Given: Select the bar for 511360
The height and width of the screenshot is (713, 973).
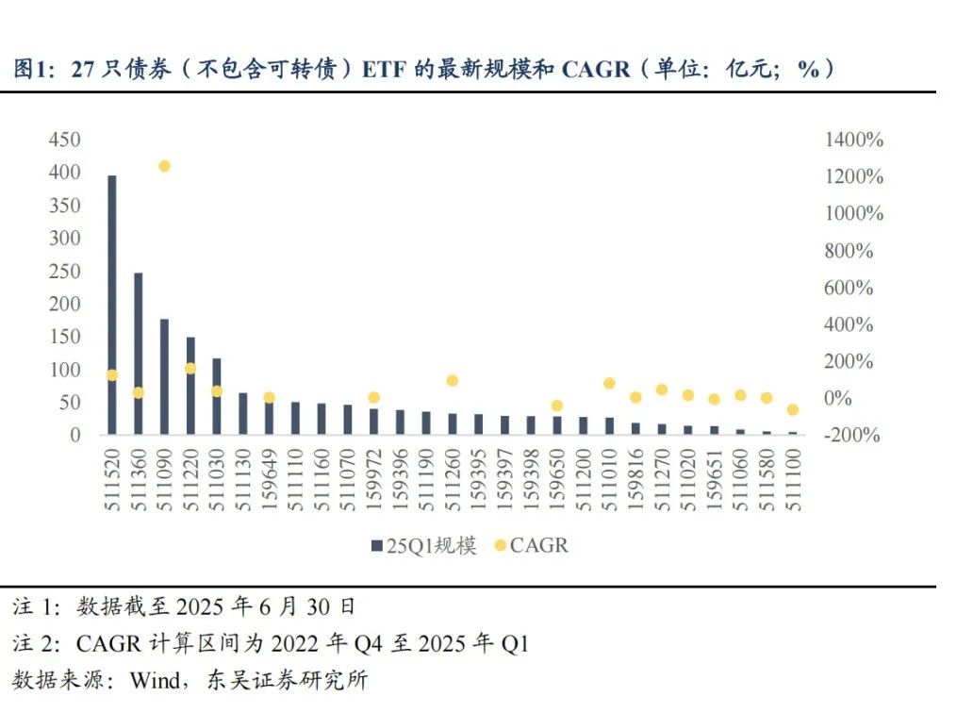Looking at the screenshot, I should (138, 354).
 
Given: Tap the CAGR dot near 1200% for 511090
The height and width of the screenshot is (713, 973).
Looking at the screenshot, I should (164, 166).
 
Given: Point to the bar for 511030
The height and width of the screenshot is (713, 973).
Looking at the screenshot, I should (216, 396).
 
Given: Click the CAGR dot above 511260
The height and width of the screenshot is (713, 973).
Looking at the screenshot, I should (452, 380).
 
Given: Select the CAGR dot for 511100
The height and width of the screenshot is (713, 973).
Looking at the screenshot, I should (792, 410).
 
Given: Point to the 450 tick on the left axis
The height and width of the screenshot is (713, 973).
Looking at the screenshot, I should (64, 140).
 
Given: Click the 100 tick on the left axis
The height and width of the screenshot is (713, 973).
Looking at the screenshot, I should (64, 370).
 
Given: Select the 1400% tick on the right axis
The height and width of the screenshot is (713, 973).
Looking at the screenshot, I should (854, 140).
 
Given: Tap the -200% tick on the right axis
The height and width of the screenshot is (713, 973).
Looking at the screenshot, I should (852, 436).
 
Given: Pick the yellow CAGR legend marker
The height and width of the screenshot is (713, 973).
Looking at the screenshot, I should (500, 546).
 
